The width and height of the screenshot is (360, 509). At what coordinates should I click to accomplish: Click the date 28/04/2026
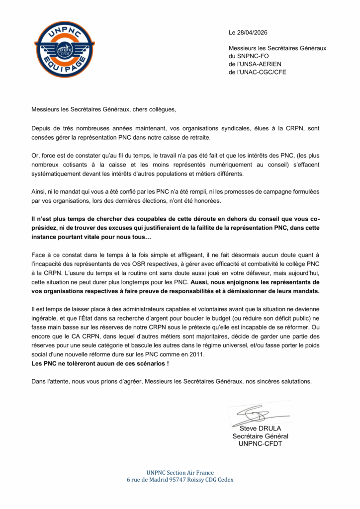255,33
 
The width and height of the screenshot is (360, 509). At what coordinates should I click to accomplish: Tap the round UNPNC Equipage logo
64,49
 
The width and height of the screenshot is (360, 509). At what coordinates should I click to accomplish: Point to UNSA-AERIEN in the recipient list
264,64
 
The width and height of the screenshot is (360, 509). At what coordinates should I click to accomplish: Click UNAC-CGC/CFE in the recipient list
265,72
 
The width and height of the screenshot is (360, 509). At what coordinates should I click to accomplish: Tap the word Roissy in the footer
198,480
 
